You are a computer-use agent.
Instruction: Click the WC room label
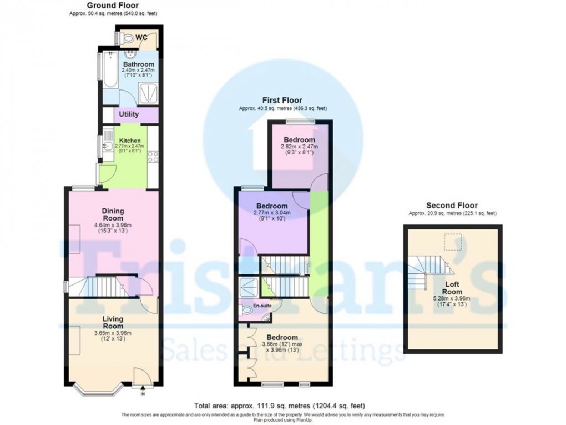(141, 38)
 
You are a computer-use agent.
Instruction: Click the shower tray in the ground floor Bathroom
(148, 94)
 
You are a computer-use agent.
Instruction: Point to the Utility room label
(129, 114)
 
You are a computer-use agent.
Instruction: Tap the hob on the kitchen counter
(153, 156)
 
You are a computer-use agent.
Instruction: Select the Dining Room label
(113, 215)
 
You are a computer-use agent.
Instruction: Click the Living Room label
(113, 323)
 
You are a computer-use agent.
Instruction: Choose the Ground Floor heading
(109, 6)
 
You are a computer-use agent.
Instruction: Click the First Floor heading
(282, 100)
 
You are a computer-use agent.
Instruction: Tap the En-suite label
(262, 306)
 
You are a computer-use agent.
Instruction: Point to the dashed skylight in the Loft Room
(453, 242)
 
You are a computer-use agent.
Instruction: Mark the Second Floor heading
(452, 206)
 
